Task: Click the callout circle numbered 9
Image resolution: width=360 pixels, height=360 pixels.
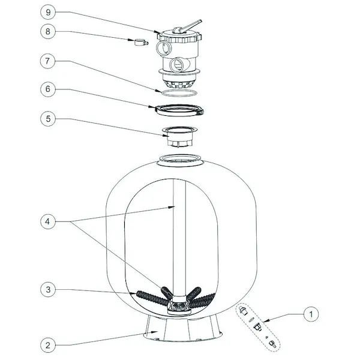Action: pos(48,12)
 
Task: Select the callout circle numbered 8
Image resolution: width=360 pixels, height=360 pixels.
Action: pos(48,31)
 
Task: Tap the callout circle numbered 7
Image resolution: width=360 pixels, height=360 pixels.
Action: pos(47,61)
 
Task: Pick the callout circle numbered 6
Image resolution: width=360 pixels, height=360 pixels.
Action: pos(48,89)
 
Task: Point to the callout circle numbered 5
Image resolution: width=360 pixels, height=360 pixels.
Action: pos(48,119)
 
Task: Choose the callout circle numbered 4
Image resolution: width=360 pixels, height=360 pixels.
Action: pos(48,222)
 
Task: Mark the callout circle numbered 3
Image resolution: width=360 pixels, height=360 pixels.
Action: pos(48,290)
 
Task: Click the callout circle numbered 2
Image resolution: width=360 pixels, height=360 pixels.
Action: pos(48,345)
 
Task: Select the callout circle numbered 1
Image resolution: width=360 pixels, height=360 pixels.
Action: pos(311,314)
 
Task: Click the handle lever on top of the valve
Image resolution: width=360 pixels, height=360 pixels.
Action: pos(188,26)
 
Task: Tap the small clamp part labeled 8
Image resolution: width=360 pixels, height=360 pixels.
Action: pos(141,43)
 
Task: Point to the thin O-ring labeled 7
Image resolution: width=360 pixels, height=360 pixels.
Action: pos(179,93)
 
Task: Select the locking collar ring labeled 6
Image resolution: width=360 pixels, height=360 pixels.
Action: pos(179,110)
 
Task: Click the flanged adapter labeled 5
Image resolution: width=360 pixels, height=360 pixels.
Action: pos(179,136)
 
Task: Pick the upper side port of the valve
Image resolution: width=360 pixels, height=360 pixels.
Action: pos(163,49)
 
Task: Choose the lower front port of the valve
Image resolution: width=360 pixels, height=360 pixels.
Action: pos(177,65)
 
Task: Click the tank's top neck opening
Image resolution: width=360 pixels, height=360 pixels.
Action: pos(180,160)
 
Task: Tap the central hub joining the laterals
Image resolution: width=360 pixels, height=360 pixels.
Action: pos(179,305)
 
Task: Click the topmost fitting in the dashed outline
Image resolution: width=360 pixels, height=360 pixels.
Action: pos(242,310)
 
